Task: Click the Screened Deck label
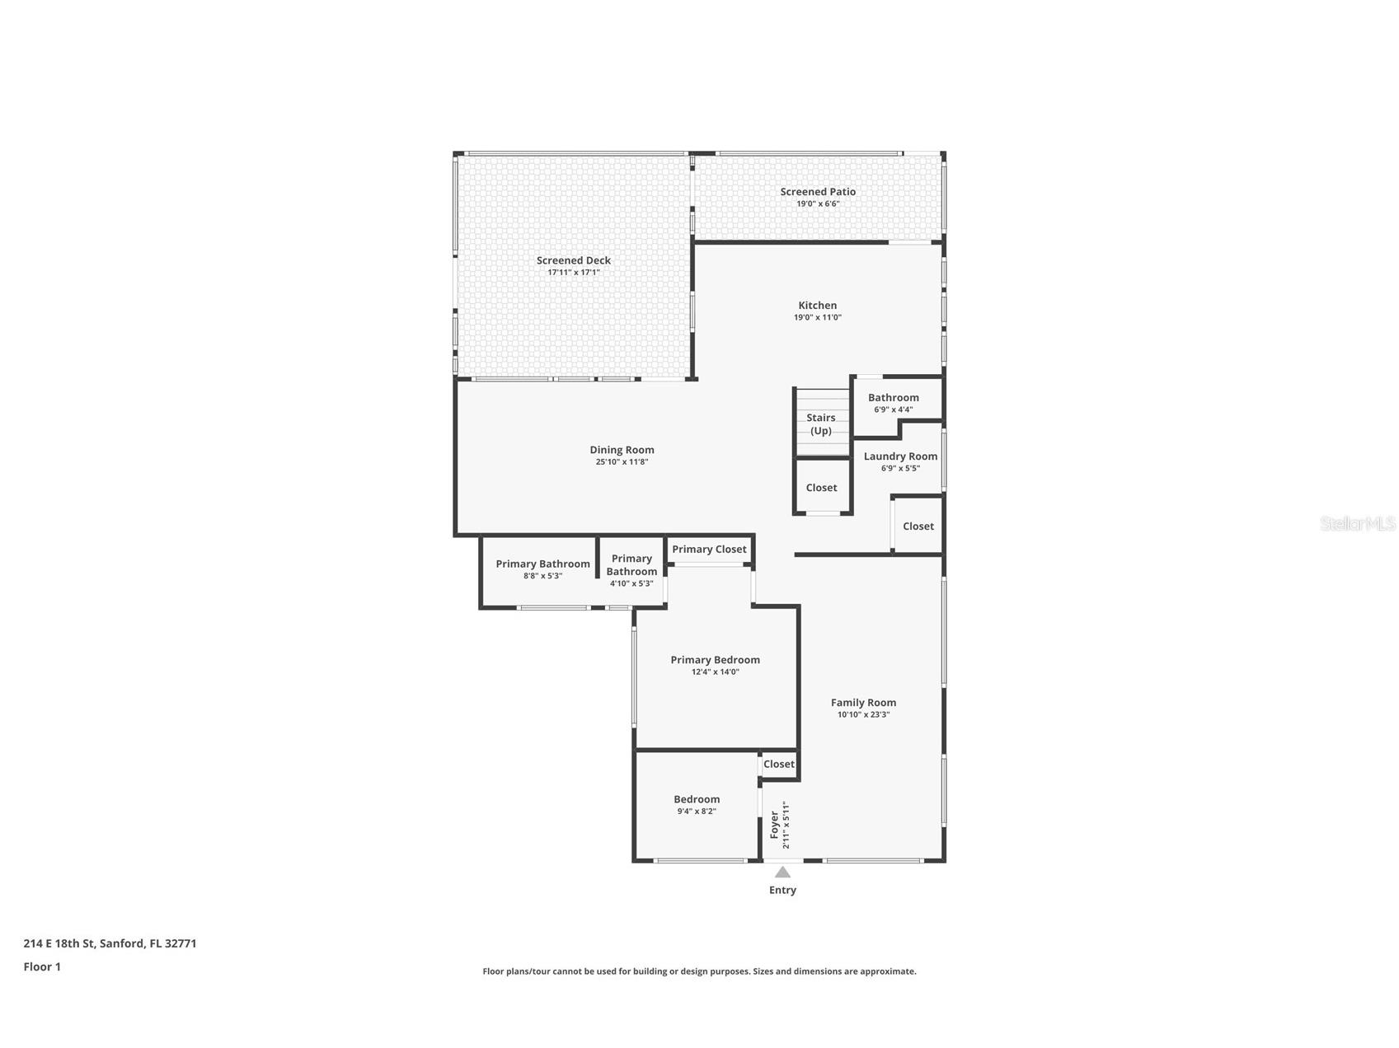pos(573,260)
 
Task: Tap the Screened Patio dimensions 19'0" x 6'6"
pos(818,204)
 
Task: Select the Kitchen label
pos(817,306)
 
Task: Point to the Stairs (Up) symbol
pos(821,423)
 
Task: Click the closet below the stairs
pos(821,488)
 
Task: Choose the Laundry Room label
pos(900,456)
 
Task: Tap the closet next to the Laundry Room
pos(918,526)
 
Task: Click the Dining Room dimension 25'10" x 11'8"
pos(622,462)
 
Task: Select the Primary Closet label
pos(709,550)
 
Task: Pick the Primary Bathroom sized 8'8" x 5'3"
pos(542,564)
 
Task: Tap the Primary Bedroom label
pos(715,660)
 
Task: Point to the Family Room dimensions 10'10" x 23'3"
pos(863,714)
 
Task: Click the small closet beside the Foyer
pos(778,765)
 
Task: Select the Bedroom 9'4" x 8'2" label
pos(697,799)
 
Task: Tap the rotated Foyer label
pos(775,825)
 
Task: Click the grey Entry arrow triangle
pos(782,873)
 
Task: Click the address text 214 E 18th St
pos(110,943)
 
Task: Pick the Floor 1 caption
pos(42,966)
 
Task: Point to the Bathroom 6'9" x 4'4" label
pos(893,398)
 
